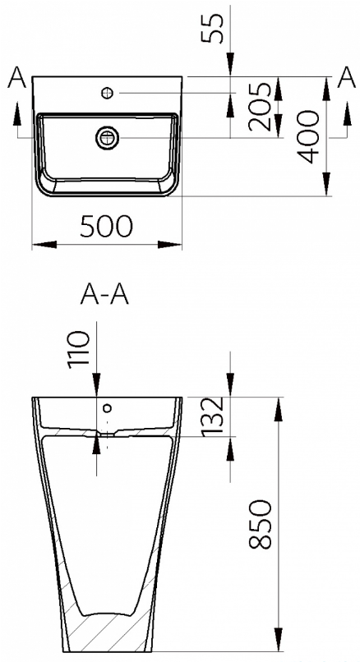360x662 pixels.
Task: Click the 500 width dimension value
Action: pyautogui.click(x=107, y=227)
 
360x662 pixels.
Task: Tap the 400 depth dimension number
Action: pyautogui.click(x=307, y=137)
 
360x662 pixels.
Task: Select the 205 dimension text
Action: pyautogui.click(x=259, y=107)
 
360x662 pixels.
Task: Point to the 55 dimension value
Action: pyautogui.click(x=211, y=28)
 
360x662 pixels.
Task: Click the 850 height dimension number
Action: pyautogui.click(x=260, y=524)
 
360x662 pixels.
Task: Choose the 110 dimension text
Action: pyautogui.click(x=80, y=350)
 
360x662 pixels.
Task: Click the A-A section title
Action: pyautogui.click(x=104, y=295)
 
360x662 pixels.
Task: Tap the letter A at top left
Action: pyautogui.click(x=16, y=78)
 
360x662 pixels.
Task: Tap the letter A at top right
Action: pyautogui.click(x=347, y=78)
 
